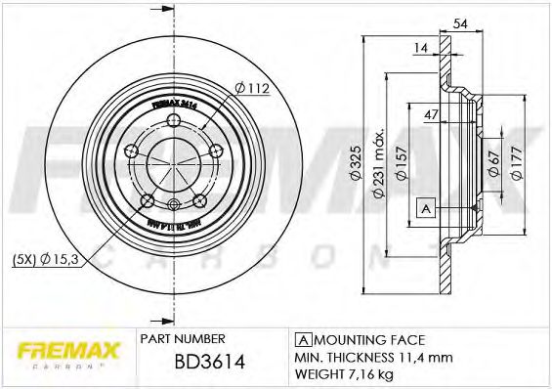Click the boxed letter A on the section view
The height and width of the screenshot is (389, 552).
point(425,207)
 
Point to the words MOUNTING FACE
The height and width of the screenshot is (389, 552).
point(367,339)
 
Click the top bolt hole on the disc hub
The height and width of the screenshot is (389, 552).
point(175,120)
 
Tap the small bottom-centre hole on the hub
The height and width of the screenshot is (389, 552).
point(175,203)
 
